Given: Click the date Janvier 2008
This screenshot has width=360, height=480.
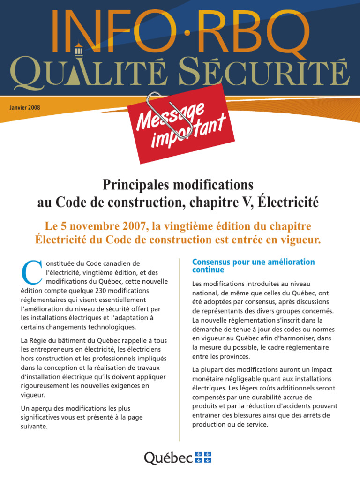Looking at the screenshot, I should [25, 107].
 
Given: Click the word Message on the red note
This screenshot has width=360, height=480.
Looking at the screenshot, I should [171, 118].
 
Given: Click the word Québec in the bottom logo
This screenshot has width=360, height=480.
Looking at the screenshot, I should [167, 457].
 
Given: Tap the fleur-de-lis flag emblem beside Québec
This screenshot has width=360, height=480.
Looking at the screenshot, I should [202, 457].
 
